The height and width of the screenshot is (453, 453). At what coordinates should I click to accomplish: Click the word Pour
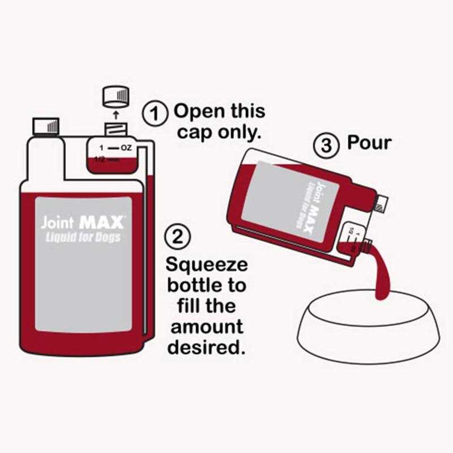(369, 142)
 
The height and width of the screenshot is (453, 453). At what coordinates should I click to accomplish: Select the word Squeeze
(207, 265)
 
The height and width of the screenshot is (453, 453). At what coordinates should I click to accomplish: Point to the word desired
(208, 347)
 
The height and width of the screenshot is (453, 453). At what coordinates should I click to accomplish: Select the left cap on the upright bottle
(46, 126)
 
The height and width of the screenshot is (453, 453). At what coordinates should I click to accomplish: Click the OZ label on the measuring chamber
(125, 148)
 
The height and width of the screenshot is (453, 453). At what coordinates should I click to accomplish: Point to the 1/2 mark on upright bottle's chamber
(100, 160)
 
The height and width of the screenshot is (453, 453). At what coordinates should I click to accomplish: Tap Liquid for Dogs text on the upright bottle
(83, 237)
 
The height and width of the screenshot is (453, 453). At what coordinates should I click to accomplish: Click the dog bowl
(368, 328)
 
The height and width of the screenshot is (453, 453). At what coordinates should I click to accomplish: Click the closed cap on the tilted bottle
(381, 203)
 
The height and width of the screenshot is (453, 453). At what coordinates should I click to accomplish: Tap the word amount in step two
(207, 327)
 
